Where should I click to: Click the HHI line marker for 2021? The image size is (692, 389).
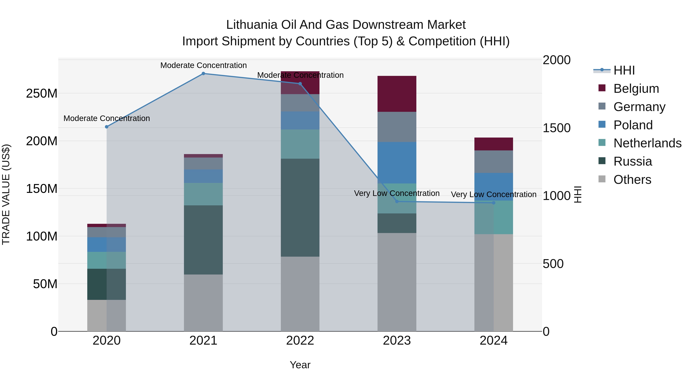pos(203,74)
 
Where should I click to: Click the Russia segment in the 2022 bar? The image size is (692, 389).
pos(300,207)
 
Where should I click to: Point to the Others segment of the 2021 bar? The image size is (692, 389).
pos(203,303)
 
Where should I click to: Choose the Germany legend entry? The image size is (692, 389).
pos(639,107)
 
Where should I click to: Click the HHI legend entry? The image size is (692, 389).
pos(624,70)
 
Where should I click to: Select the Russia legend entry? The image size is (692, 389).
pos(632,161)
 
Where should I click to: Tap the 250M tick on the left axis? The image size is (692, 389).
pos(42,94)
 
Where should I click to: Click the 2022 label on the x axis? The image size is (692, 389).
pos(300,341)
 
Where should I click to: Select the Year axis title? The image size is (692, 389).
pos(300,365)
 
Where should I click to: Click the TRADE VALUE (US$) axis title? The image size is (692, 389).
pos(6,195)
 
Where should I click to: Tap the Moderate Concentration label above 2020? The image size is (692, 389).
pos(107,118)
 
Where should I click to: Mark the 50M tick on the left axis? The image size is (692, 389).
pos(45,284)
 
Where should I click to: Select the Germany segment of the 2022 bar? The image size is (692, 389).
pos(300,103)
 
